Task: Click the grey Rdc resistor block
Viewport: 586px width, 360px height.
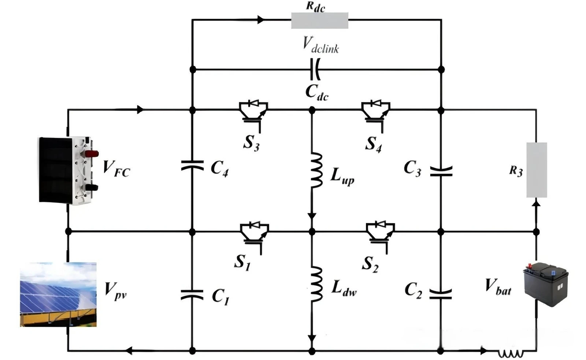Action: click(x=320, y=21)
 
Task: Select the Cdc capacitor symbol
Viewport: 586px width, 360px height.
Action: click(x=315, y=69)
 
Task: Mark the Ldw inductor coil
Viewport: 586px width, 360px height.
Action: click(x=316, y=284)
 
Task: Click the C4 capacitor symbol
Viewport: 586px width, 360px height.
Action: click(x=192, y=165)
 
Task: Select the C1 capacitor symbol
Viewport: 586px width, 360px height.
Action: click(x=192, y=294)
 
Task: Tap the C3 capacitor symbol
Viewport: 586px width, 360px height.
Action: click(x=441, y=171)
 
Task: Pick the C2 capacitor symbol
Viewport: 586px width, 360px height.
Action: click(x=441, y=294)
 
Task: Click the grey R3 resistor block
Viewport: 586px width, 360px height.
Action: click(x=537, y=170)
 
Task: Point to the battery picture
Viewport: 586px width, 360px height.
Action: click(x=546, y=285)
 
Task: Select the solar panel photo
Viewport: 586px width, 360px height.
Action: click(x=58, y=294)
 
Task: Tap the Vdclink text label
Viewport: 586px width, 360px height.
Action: click(x=321, y=45)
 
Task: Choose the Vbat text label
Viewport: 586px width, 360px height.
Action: click(x=498, y=286)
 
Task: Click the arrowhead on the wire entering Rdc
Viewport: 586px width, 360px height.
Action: click(x=260, y=20)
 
